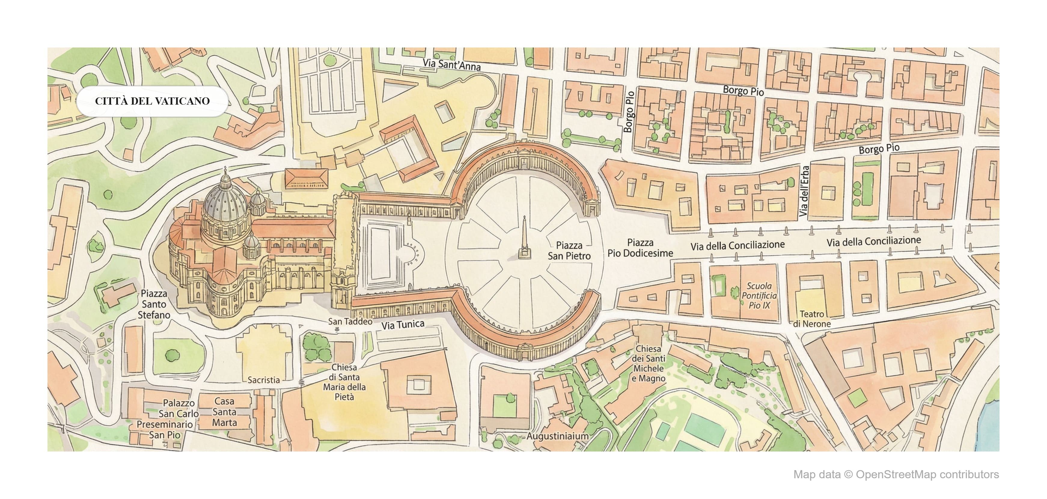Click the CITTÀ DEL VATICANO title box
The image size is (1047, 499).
152,101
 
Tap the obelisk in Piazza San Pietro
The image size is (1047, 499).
525,240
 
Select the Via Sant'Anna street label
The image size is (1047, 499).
451,65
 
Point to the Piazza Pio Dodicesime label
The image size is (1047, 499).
640,248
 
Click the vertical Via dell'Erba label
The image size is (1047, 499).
804,191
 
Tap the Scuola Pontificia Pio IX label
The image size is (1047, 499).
759,296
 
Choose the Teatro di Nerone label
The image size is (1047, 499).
812,319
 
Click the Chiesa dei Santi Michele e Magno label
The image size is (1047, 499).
648,363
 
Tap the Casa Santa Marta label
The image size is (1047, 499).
224,412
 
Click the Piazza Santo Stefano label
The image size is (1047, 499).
154,304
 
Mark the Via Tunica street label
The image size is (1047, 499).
403,325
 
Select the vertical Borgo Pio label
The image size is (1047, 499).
628,112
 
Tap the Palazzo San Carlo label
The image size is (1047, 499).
179,408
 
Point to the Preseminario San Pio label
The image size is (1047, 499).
165,430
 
